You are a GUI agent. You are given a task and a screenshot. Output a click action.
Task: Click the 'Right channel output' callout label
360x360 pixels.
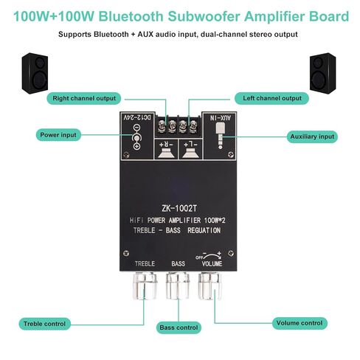84,98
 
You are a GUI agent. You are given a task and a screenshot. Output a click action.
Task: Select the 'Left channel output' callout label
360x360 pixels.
271,98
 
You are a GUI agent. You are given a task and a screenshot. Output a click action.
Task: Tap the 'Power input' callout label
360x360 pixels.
58,135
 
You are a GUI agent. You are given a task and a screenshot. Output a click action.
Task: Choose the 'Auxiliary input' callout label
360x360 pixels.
312,136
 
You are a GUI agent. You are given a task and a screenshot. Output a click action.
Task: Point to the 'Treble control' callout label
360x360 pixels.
44,324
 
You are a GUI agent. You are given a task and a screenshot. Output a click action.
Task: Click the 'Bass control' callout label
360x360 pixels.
179,328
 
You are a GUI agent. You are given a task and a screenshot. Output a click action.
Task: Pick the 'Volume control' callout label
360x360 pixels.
300,323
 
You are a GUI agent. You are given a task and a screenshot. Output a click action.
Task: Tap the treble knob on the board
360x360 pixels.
145,285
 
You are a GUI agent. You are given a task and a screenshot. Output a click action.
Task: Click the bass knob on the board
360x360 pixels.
178,285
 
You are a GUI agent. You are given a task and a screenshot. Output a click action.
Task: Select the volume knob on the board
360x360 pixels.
210,286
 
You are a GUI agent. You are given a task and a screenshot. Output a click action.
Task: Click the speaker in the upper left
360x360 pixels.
35,73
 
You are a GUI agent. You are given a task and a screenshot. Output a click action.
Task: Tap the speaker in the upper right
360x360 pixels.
322,73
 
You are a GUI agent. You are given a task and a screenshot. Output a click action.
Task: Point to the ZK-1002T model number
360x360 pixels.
179,209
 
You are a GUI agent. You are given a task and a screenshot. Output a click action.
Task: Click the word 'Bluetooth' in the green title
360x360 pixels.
131,16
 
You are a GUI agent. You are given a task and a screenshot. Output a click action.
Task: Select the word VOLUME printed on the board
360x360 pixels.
212,264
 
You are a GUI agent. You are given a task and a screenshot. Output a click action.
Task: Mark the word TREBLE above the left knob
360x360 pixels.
145,264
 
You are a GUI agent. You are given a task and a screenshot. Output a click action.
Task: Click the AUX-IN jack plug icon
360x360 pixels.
220,136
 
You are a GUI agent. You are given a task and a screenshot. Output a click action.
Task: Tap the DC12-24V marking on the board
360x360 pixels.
137,117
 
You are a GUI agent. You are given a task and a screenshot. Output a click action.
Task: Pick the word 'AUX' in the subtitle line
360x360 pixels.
145,34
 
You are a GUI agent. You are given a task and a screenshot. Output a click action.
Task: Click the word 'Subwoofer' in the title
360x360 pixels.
204,16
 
